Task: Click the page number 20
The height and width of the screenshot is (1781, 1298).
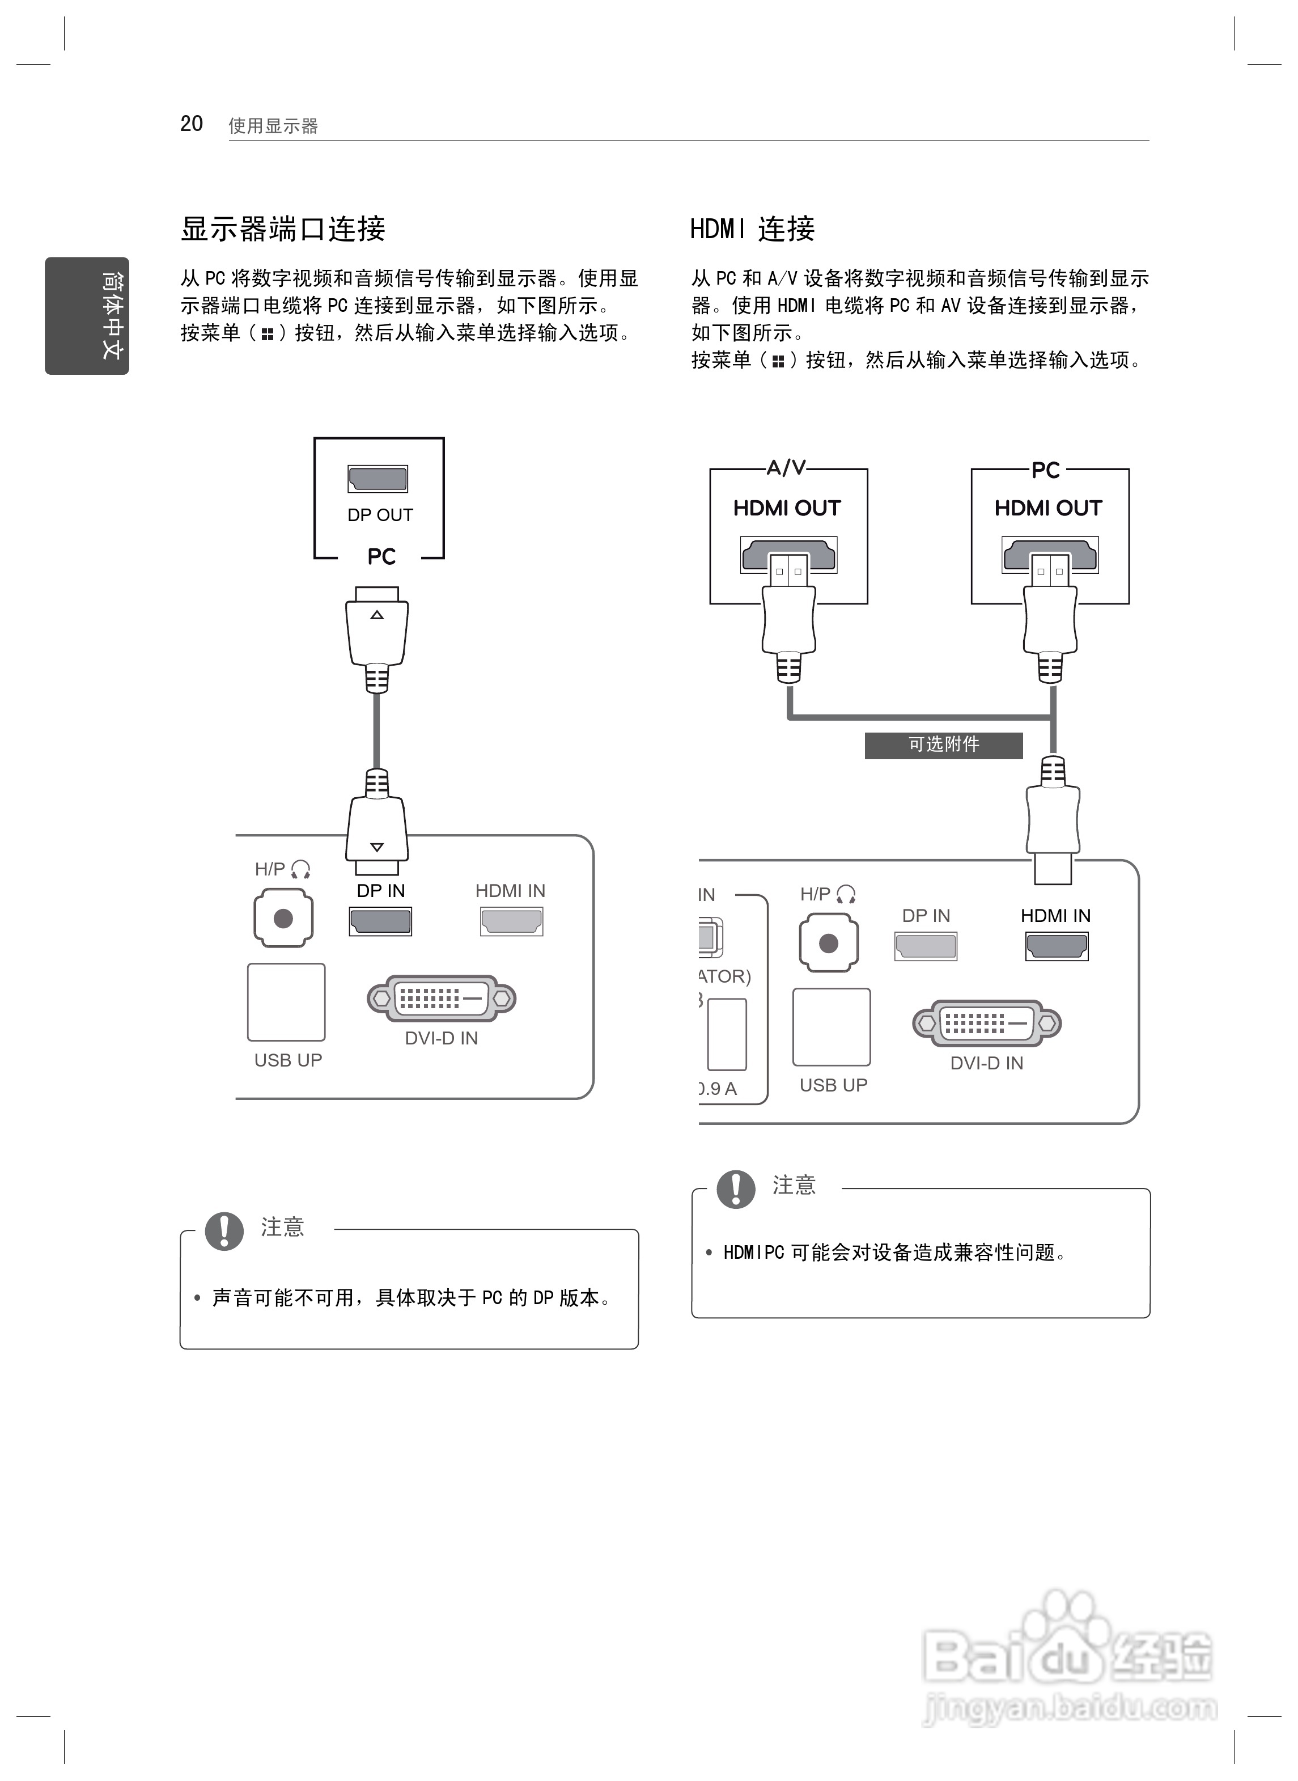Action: click(192, 124)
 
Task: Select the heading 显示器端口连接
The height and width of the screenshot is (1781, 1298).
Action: click(283, 229)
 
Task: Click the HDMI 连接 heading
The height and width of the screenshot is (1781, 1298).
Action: click(753, 229)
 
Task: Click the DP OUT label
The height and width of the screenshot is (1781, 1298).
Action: click(380, 515)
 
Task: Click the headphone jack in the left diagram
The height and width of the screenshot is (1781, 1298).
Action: click(283, 918)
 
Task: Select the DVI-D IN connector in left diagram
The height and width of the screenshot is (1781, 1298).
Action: click(442, 999)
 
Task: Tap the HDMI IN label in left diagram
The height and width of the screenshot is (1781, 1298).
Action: click(510, 890)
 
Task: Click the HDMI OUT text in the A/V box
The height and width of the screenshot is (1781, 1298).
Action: click(787, 509)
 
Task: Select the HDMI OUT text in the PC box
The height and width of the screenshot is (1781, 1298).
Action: click(1048, 509)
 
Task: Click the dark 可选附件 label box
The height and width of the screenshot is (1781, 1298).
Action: click(944, 745)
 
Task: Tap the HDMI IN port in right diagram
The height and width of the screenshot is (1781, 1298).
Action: click(1057, 946)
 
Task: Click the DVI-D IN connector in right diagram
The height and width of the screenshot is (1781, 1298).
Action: click(987, 1023)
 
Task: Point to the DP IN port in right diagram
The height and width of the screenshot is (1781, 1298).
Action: click(926, 946)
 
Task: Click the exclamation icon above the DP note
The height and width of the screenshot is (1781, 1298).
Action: click(224, 1231)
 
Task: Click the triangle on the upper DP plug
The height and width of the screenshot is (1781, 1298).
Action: click(377, 615)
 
